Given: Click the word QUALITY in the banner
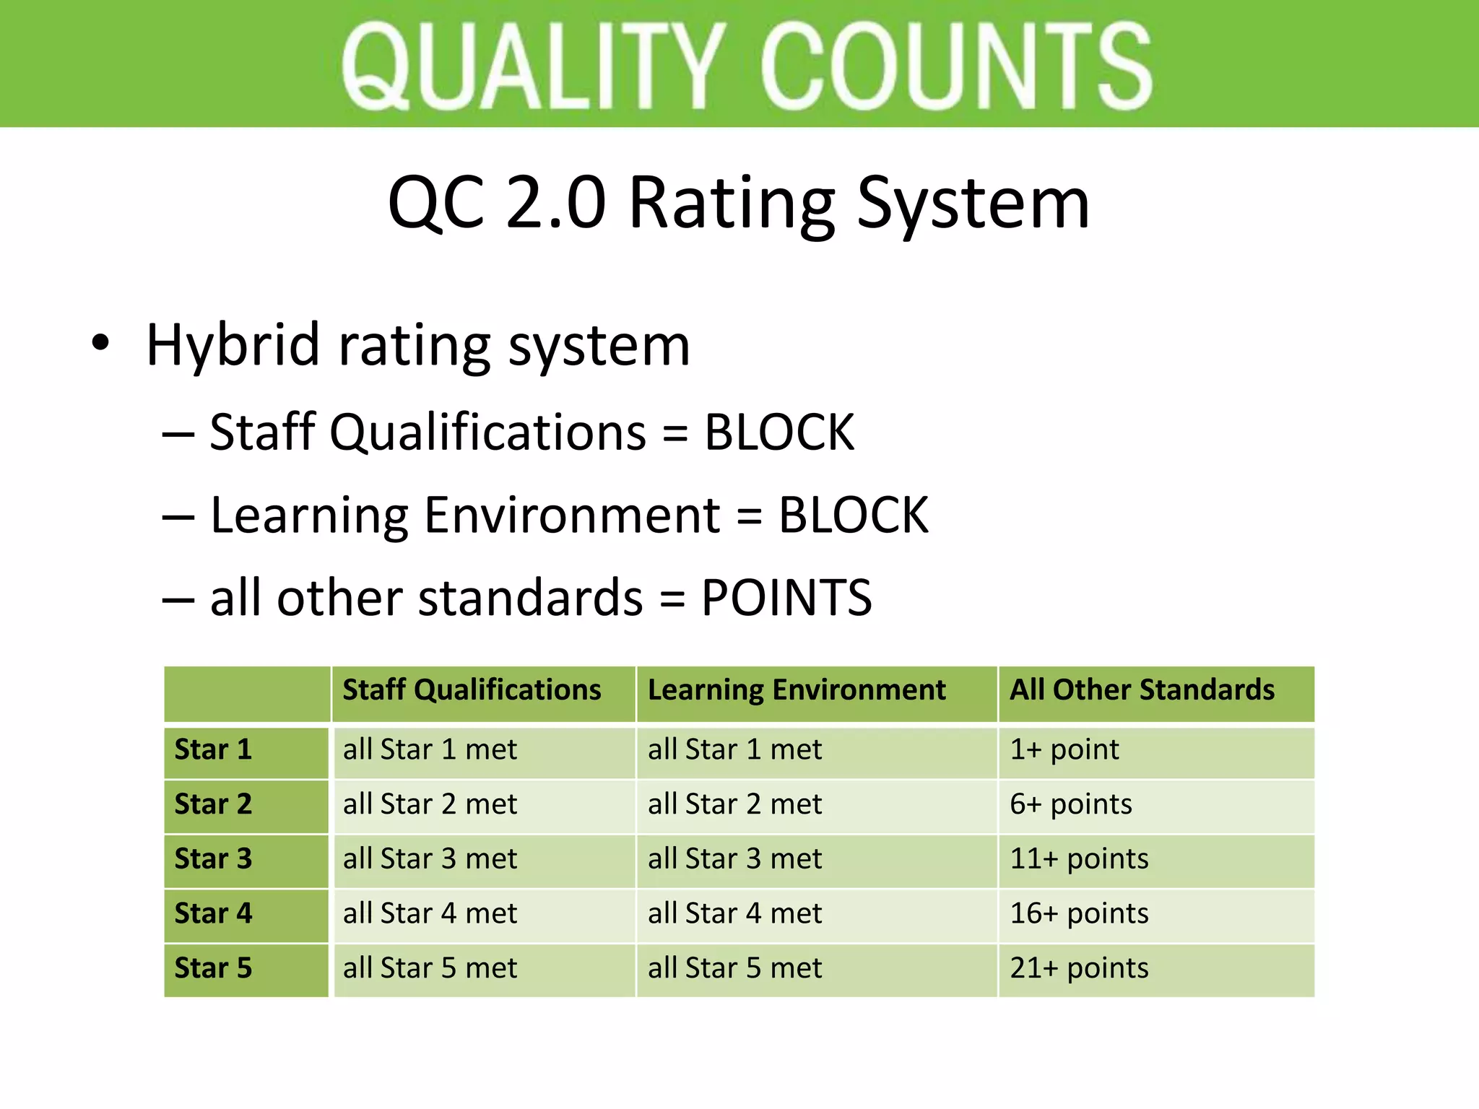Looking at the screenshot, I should pyautogui.click(x=533, y=66).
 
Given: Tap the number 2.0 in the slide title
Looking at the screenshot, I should pyautogui.click(x=555, y=204).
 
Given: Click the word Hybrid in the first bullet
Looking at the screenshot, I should pyautogui.click(x=232, y=345).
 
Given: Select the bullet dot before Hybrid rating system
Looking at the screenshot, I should pyautogui.click(x=100, y=344).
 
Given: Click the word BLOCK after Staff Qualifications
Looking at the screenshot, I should pyautogui.click(x=778, y=432).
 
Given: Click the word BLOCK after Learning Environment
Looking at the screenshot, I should pyautogui.click(x=853, y=516).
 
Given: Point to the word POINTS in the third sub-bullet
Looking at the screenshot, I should pyautogui.click(x=786, y=598).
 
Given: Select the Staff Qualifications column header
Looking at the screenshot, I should pyautogui.click(x=472, y=690).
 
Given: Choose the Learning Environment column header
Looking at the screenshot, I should pyautogui.click(x=797, y=690).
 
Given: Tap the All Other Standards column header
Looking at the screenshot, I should pyautogui.click(x=1142, y=690).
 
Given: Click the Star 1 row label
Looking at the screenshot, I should pyautogui.click(x=213, y=750).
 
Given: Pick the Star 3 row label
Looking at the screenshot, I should pyautogui.click(x=213, y=859).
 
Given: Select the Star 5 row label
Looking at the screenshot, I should pyautogui.click(x=213, y=968).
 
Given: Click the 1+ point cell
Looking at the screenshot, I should pyautogui.click(x=1064, y=750).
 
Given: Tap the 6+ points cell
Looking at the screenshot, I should pyautogui.click(x=1070, y=804).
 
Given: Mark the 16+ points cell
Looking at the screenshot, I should pyautogui.click(x=1079, y=914).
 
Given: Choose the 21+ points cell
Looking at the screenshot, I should pyautogui.click(x=1079, y=968).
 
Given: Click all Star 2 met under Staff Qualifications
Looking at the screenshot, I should pyautogui.click(x=430, y=804).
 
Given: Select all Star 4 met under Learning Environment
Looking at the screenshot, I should pyautogui.click(x=734, y=914).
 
